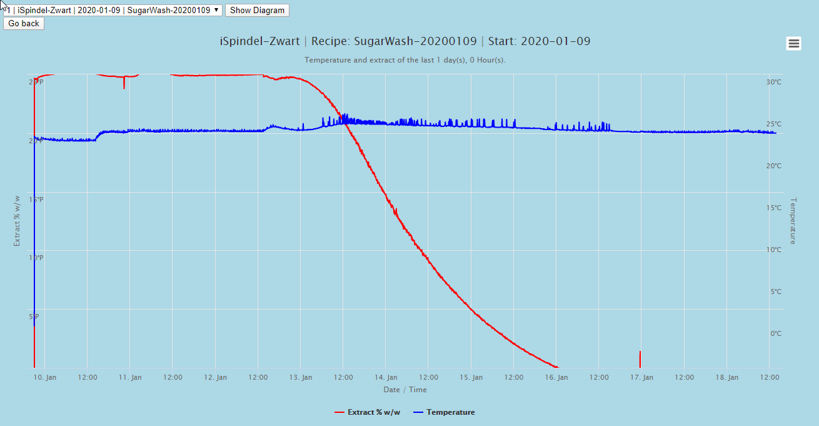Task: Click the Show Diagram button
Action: coord(257,10)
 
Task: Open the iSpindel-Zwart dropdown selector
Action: coord(113,10)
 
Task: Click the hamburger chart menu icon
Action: coord(794,43)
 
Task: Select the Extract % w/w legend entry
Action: coord(374,412)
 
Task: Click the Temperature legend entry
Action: coord(450,412)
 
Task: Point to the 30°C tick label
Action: coord(774,83)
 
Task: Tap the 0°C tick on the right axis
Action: coord(775,333)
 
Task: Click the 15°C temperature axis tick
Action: coord(774,208)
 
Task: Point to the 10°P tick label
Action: coord(36,258)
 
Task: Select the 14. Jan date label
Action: coord(386,377)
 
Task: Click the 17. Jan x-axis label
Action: coord(642,377)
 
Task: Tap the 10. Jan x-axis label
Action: coord(45,377)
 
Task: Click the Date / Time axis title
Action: coord(405,390)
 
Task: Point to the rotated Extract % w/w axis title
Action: coord(18,220)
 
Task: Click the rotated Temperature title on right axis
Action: coord(793,221)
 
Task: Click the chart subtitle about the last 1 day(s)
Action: coord(405,60)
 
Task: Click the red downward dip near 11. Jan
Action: coord(124,84)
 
